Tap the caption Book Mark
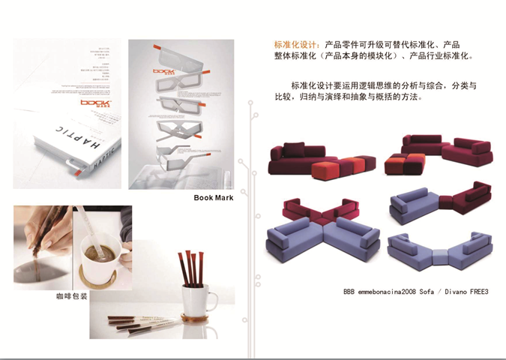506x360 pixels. (x=214, y=198)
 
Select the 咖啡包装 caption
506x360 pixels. (x=71, y=296)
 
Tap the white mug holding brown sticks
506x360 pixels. (x=197, y=298)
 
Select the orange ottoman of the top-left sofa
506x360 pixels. (x=330, y=167)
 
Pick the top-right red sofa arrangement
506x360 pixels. (x=438, y=154)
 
